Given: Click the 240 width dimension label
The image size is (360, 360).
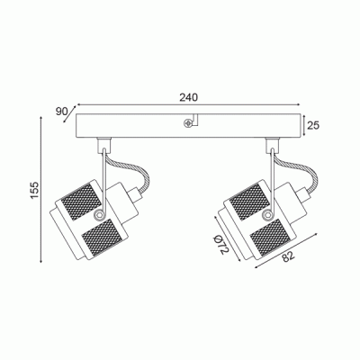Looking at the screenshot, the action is pos(189,97).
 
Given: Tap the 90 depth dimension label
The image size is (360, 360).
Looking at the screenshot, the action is pos(62,112).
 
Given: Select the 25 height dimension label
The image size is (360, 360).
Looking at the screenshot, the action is pos(313,125).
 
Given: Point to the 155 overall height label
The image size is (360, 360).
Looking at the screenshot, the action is pos(35,190).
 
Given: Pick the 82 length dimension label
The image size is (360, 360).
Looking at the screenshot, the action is pos(288,256).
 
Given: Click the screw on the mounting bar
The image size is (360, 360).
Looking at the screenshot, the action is pos(188,122).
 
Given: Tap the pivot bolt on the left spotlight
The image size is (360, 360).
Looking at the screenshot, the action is pos(98,214).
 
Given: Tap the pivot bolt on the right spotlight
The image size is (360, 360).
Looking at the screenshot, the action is pos(266,214).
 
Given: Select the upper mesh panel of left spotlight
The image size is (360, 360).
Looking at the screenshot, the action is pos(80,200).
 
